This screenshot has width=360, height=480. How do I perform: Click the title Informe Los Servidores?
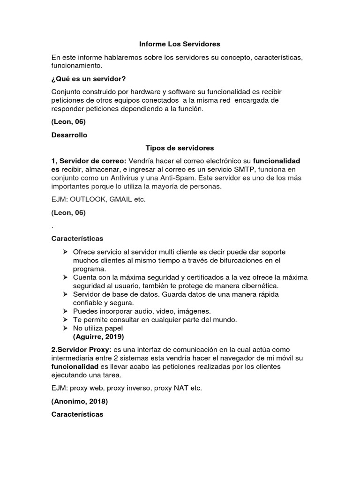point(180,44)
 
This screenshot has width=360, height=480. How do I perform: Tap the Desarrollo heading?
point(69,135)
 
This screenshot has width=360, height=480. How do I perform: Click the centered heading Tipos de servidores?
point(180,148)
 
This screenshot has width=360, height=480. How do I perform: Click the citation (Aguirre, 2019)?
point(98,337)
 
